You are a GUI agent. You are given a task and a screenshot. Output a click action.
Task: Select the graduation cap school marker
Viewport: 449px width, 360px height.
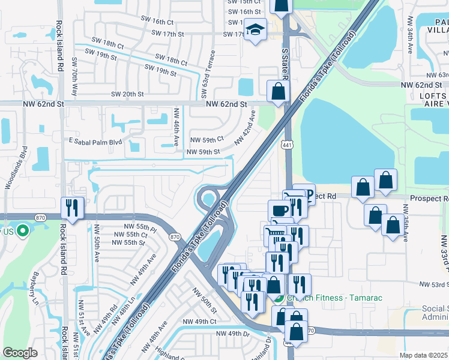point(255,30)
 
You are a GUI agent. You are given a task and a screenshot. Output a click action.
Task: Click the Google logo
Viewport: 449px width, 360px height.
point(20,353)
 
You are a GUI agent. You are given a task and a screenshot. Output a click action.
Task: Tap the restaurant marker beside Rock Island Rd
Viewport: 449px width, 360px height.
point(73,208)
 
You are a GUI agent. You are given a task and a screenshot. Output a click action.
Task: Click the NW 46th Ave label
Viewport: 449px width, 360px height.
point(176,127)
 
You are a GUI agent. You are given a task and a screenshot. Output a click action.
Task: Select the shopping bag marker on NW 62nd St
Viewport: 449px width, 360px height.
point(278,91)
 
